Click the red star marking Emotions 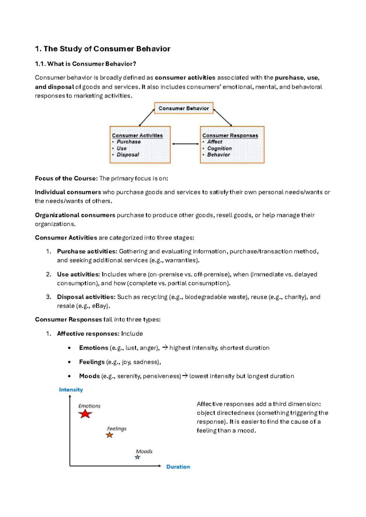click(85, 414)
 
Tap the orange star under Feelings click(109, 435)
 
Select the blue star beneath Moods click(138, 457)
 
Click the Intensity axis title click(71, 390)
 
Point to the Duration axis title click(178, 467)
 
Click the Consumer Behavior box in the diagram click(184, 108)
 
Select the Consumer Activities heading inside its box click(137, 135)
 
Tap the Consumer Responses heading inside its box click(230, 135)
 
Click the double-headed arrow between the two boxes click(185, 144)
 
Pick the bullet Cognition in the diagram click(219, 148)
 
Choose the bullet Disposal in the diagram click(127, 155)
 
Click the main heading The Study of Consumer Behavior click(102, 49)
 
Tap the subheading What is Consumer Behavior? click(85, 64)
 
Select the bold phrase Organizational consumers click(75, 215)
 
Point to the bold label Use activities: click(78, 274)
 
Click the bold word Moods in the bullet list click(89, 376)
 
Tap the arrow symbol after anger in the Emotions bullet click(165, 348)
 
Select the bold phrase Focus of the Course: click(66, 178)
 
